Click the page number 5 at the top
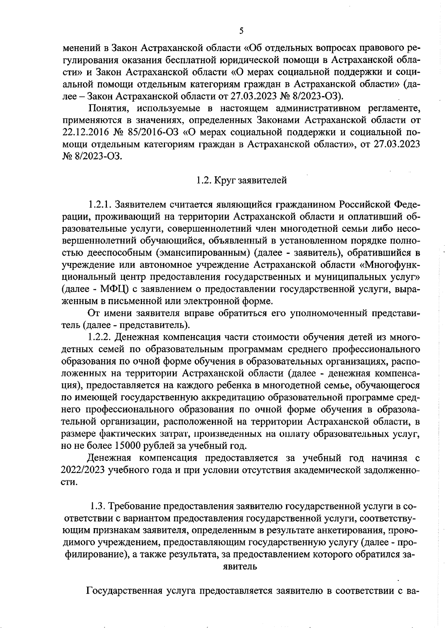(241, 31)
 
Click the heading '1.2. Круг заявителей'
(241, 181)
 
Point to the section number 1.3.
(98, 506)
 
